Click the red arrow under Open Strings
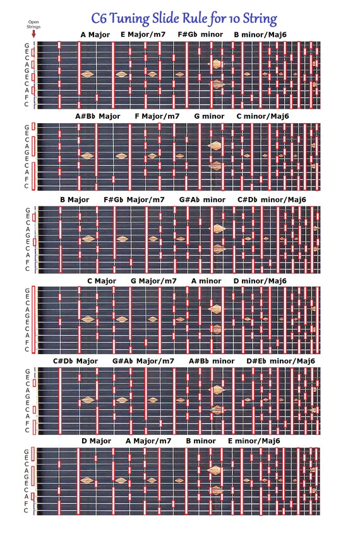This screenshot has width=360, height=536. (33, 34)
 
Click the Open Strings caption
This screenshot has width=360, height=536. (33, 24)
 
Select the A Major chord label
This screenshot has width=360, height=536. (95, 35)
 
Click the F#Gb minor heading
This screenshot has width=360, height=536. (200, 35)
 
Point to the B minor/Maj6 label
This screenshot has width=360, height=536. (260, 35)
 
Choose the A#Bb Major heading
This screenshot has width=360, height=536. (98, 116)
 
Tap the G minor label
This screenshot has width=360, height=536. (209, 116)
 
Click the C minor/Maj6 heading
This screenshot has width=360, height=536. (263, 116)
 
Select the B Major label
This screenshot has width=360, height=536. (75, 200)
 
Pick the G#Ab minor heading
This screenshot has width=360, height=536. (202, 200)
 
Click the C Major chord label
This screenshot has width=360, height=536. (102, 281)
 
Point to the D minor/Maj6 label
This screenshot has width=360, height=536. (260, 281)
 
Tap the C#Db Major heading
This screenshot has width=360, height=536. (76, 361)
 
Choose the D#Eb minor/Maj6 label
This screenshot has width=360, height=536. (280, 361)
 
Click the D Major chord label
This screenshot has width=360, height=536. (96, 441)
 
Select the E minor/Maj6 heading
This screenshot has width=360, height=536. (254, 441)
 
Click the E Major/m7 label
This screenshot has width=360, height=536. (143, 35)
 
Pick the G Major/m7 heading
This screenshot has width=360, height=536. (153, 281)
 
